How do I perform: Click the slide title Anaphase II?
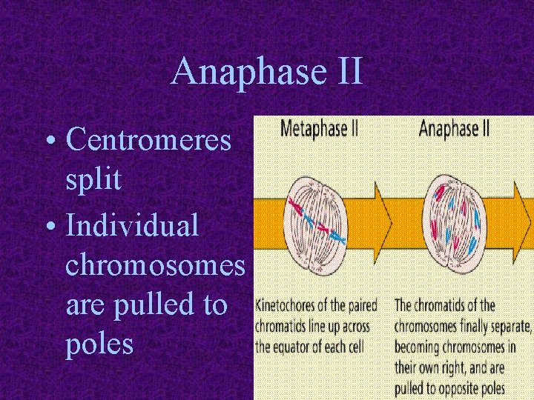(x=267, y=73)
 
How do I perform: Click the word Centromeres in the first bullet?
(x=148, y=139)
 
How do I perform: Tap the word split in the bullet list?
(x=93, y=180)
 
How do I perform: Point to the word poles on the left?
(x=99, y=344)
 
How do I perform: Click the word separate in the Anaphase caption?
(x=509, y=326)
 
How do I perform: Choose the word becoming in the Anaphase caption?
(x=420, y=347)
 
